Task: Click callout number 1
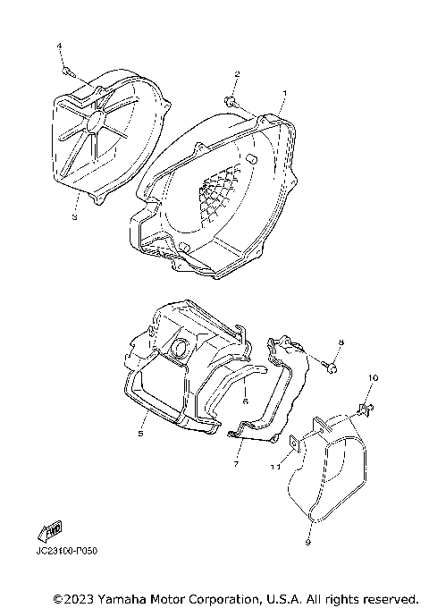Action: pos(284,92)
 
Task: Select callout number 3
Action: pos(74,215)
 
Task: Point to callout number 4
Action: pos(60,46)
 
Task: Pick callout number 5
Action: pos(140,434)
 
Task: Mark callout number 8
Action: pos(341,342)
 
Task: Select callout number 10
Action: pos(373,378)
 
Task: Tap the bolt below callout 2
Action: pos(231,99)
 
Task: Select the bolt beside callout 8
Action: pos(332,365)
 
